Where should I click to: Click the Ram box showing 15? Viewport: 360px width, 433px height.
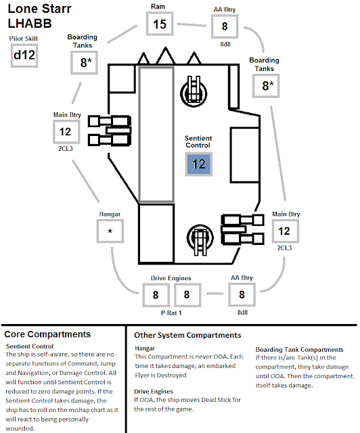click(160, 24)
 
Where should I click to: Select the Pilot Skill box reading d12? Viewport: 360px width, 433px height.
click(24, 55)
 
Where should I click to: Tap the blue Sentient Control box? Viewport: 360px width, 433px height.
click(199, 164)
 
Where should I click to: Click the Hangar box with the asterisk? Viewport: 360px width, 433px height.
click(110, 231)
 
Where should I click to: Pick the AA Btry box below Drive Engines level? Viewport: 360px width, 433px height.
click(242, 294)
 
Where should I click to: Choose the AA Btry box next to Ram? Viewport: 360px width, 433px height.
click(225, 26)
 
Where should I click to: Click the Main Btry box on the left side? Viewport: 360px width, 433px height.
click(66, 132)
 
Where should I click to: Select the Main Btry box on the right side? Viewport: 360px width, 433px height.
click(285, 231)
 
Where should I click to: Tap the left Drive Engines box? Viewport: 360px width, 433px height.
click(156, 295)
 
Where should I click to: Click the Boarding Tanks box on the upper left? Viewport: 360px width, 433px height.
click(85, 63)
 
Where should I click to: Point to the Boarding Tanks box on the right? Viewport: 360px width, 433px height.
click(266, 86)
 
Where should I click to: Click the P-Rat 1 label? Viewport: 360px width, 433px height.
click(171, 313)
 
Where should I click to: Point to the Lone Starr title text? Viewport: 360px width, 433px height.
click(39, 9)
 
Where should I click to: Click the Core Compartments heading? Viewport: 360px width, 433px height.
click(47, 334)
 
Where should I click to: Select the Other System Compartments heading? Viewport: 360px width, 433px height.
click(187, 335)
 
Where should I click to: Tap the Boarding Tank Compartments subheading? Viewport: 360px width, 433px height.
click(299, 350)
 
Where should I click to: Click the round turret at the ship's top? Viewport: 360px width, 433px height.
click(194, 93)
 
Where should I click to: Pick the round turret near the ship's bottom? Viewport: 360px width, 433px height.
click(200, 238)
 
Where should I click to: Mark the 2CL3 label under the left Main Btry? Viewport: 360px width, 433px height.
click(66, 149)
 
